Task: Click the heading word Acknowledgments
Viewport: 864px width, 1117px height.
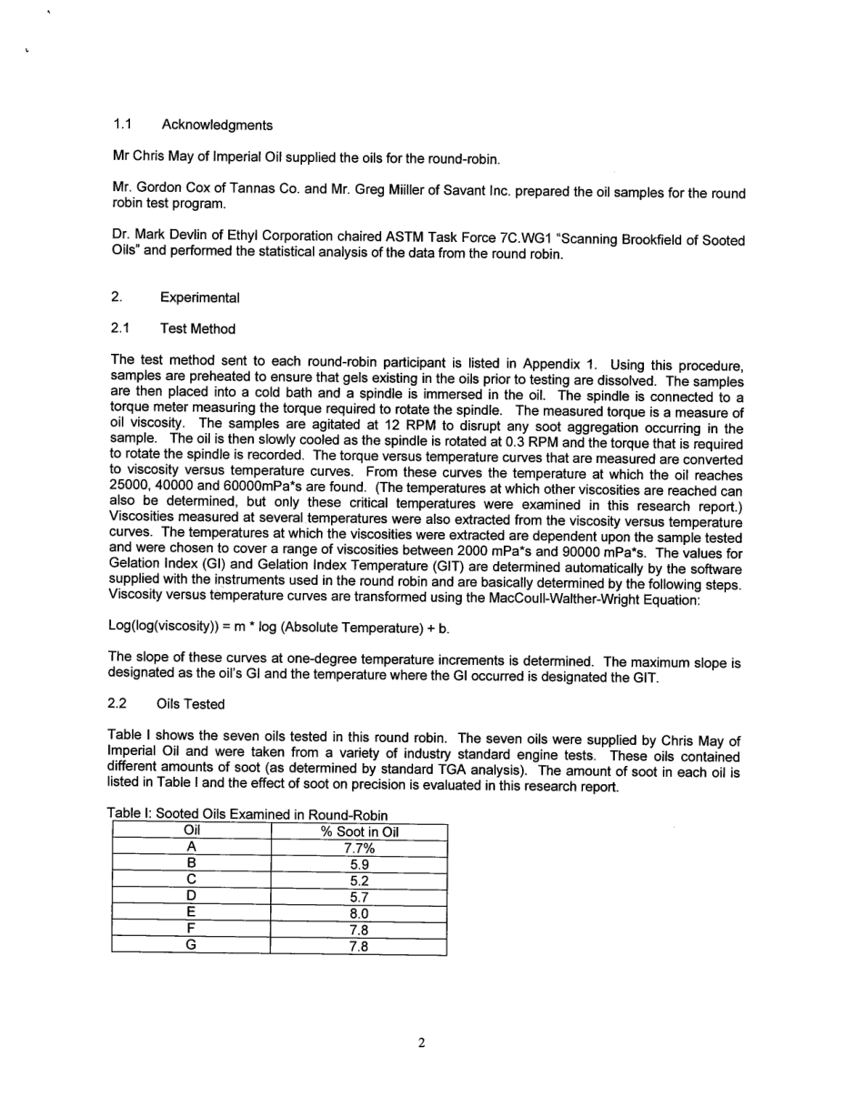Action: coord(216,125)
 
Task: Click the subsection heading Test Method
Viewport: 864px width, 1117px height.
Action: coord(197,329)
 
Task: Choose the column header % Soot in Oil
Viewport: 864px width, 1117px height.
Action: coord(359,831)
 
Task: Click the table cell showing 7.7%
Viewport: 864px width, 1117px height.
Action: coord(359,848)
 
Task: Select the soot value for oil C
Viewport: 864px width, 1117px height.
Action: coord(359,881)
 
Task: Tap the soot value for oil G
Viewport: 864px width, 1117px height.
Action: coord(359,947)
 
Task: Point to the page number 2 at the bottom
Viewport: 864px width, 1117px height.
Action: coord(422,1042)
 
